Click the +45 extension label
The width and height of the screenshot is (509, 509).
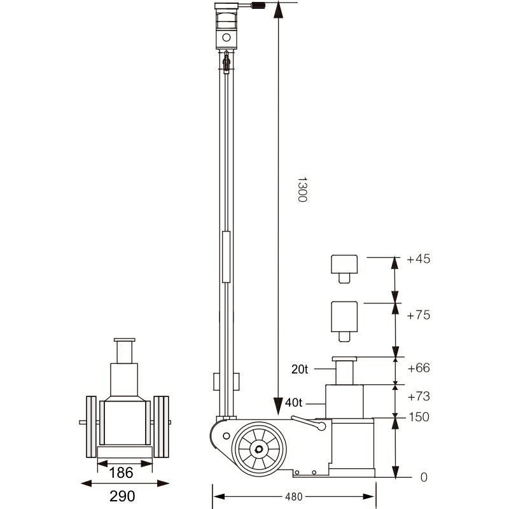(x=418, y=259)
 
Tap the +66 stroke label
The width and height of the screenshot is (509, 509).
(x=418, y=368)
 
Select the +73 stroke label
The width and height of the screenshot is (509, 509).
(x=418, y=396)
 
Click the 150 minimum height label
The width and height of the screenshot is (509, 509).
(x=418, y=417)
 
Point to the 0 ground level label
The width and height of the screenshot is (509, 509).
(x=424, y=477)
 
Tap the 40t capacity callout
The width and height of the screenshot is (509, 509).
(x=294, y=401)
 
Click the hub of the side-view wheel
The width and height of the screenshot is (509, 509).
(x=260, y=449)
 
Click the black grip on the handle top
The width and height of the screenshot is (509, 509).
(x=260, y=6)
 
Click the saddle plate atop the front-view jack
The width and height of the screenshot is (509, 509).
(x=125, y=341)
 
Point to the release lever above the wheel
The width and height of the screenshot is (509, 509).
(x=309, y=422)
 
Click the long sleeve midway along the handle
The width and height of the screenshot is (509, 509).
(x=227, y=257)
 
